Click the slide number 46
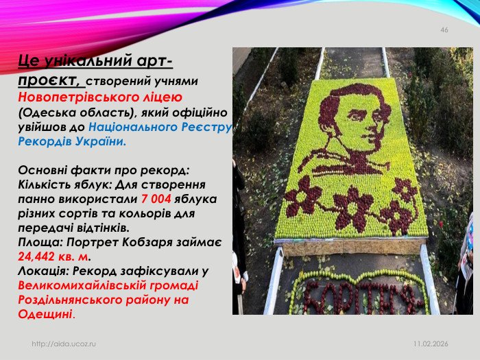pyautogui.click(x=444, y=30)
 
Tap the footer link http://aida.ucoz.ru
pyautogui.click(x=64, y=342)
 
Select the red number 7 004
pyautogui.click(x=156, y=199)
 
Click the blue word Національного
pyautogui.click(x=132, y=127)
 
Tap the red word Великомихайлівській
pyautogui.click(x=89, y=285)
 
